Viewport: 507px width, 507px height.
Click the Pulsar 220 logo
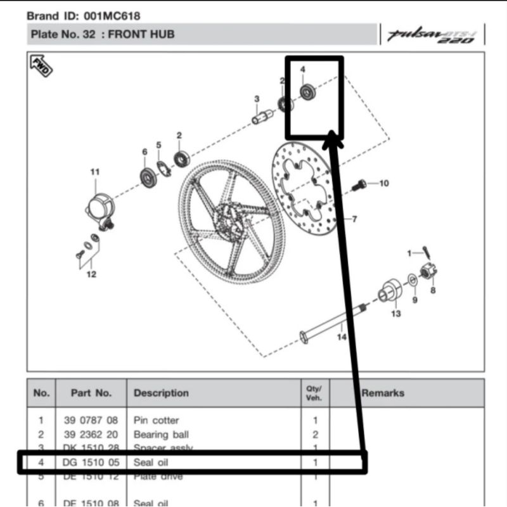[x=433, y=35]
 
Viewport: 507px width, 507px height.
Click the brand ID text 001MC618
[x=112, y=15]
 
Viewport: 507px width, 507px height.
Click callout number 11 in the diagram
[x=94, y=172]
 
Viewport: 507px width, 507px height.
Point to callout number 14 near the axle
[x=342, y=337]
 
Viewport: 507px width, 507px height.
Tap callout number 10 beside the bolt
[x=383, y=184]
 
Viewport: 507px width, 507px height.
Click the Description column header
[x=161, y=393]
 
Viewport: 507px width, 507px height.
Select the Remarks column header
[x=382, y=393]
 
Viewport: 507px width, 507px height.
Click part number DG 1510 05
[x=91, y=462]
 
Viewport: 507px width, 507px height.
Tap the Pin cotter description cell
[x=156, y=420]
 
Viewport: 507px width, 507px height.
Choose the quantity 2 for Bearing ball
[x=315, y=435]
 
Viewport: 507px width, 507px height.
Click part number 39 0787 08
[x=91, y=420]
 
